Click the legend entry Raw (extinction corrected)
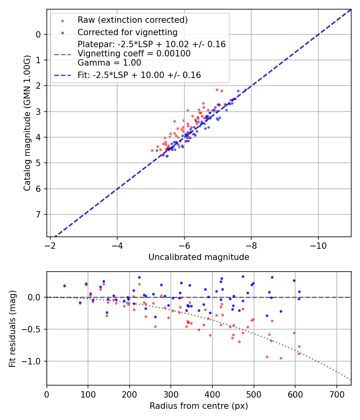click(132, 20)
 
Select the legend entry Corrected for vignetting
click(127, 32)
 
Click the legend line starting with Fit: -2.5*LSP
click(139, 75)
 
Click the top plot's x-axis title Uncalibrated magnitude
click(199, 257)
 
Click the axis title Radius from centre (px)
click(199, 406)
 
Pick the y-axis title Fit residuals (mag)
click(12, 329)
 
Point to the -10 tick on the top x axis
click(318, 243)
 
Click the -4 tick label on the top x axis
click(117, 243)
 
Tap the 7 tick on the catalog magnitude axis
click(38, 214)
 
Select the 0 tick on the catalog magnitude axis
click(38, 34)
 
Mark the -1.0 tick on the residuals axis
click(33, 361)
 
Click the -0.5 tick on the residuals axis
click(33, 329)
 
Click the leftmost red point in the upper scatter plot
click(152, 150)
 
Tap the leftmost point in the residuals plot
click(64, 286)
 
